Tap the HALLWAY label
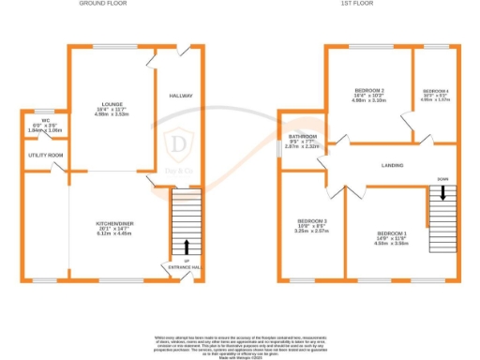tap(181, 97)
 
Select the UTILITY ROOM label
tap(45, 155)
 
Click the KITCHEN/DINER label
tap(114, 223)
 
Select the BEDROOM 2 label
tap(368, 90)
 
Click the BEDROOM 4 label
tap(436, 90)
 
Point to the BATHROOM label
tap(302, 137)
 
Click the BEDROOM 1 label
tap(391, 232)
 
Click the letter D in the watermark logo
tap(177, 143)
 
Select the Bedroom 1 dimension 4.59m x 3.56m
tap(391, 243)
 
